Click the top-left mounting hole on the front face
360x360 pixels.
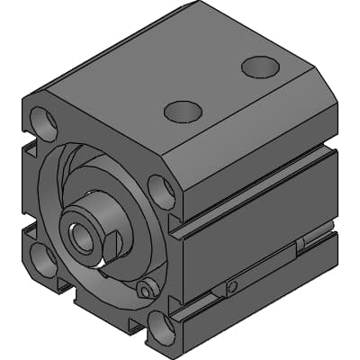pyautogui.click(x=43, y=120)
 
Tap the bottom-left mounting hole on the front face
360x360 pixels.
pyautogui.click(x=42, y=258)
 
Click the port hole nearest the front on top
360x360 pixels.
pyautogui.click(x=183, y=112)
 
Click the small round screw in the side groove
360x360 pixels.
pyautogui.click(x=232, y=287)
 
